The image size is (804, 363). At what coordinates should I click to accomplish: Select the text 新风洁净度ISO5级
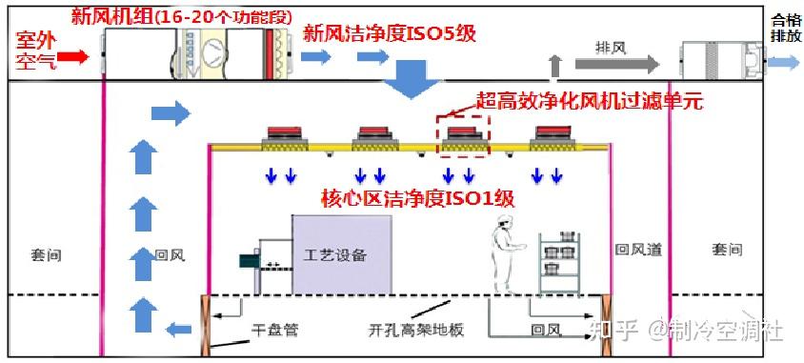tap(389, 34)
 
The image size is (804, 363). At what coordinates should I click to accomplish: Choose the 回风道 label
tap(637, 250)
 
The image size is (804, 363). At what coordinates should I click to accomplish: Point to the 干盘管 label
tap(275, 331)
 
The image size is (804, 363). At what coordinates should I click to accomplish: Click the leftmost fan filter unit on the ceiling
tap(283, 136)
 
